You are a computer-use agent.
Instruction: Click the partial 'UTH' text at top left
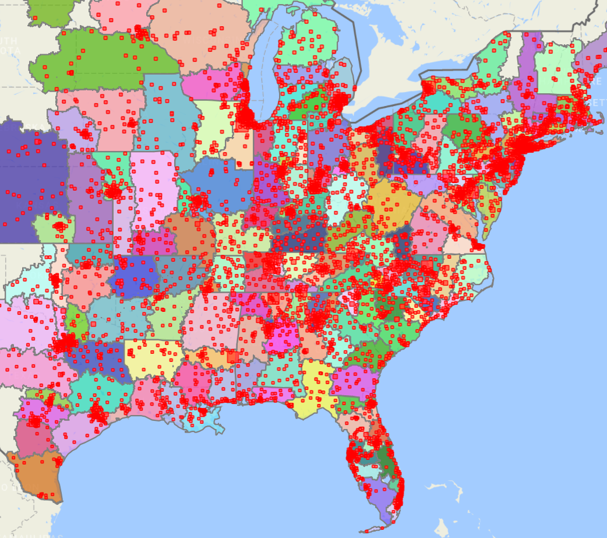pyautogui.click(x=8, y=41)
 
